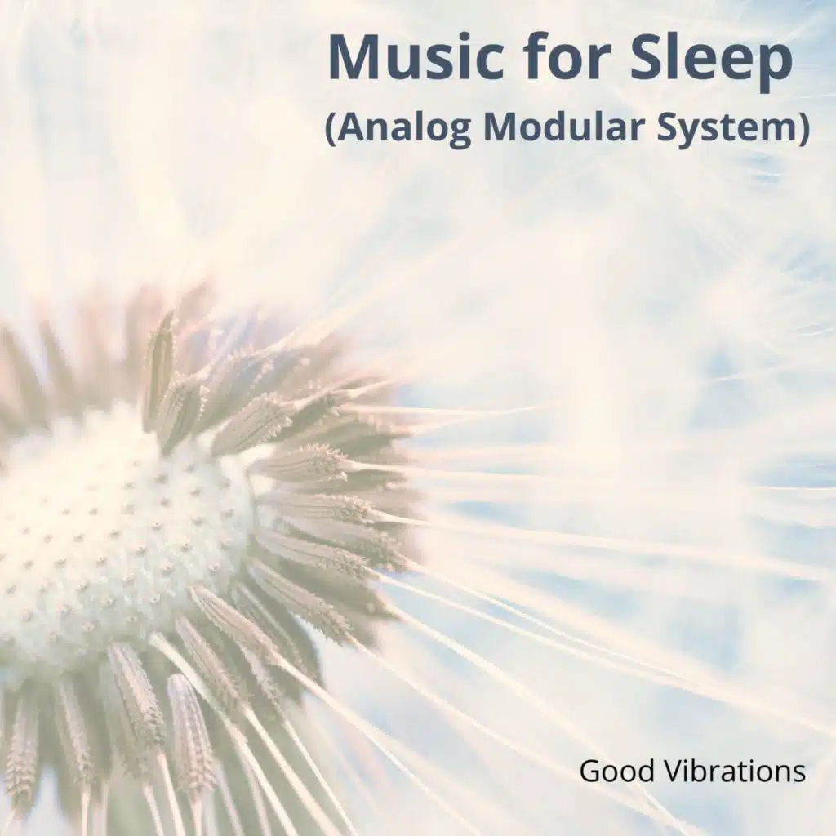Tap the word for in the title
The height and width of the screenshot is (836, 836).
point(568,56)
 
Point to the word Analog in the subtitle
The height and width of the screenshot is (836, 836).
point(406,128)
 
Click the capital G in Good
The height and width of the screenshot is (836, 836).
point(590,771)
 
